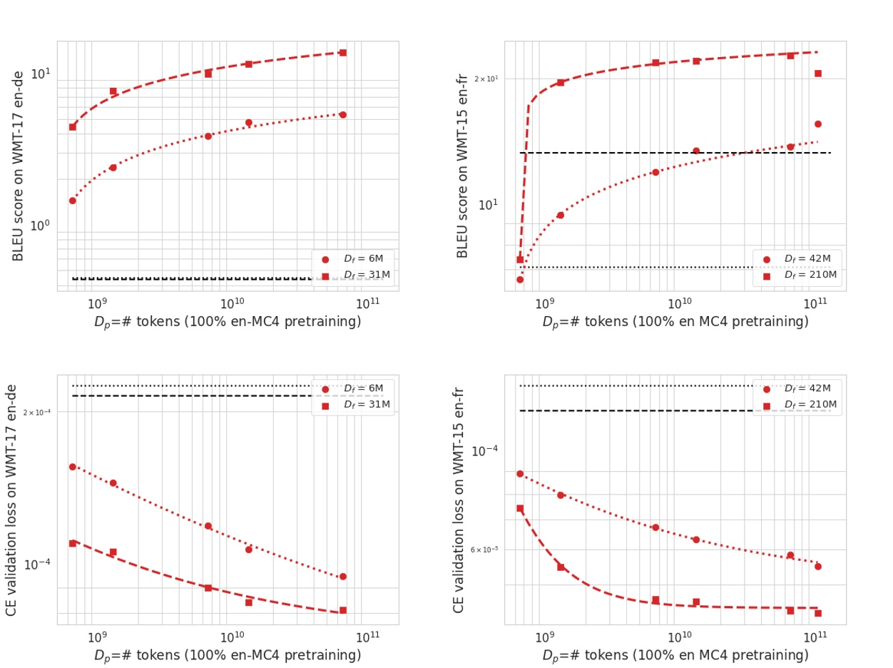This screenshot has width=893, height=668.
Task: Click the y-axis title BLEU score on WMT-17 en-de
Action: [x=19, y=166]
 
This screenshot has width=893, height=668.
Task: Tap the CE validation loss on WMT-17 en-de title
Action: [x=12, y=499]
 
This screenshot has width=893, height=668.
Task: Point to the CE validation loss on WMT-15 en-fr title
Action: [x=459, y=500]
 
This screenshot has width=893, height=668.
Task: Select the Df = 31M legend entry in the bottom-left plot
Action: [x=367, y=405]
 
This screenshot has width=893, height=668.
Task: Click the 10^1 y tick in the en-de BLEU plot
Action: [x=40, y=74]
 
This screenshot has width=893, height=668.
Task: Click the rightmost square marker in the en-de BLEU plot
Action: [x=342, y=53]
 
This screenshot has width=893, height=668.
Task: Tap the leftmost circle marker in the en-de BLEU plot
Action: [x=72, y=201]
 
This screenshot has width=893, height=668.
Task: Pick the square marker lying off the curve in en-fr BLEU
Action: [x=818, y=74]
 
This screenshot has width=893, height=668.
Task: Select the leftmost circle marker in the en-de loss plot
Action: [x=72, y=467]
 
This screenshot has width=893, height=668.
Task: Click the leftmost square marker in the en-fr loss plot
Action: [x=520, y=509]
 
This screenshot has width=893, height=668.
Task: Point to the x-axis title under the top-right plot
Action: [x=675, y=322]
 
